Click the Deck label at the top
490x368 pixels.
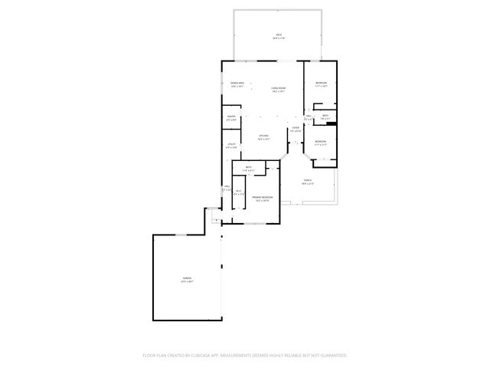[x=279, y=35]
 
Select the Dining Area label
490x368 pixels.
[x=237, y=84]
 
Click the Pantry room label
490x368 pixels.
[x=230, y=117]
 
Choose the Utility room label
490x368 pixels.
[x=231, y=144]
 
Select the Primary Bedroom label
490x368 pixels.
[x=263, y=199]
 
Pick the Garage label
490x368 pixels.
[x=187, y=279]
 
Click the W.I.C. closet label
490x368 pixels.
[x=238, y=192]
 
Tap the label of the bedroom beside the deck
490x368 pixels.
[x=321, y=84]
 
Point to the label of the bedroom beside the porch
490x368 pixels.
[x=321, y=142]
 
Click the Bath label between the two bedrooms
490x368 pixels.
[x=325, y=117]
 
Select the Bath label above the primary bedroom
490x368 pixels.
[x=249, y=169]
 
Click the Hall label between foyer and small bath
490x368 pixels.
[x=309, y=117]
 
